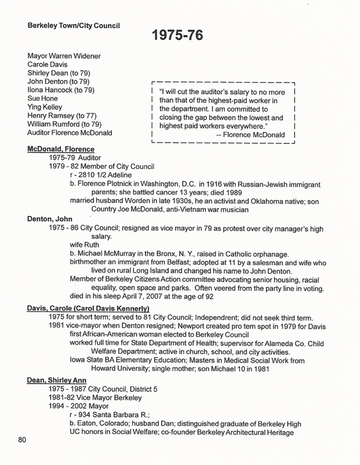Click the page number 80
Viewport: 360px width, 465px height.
point(22,440)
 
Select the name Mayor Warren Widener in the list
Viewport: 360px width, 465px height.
point(64,56)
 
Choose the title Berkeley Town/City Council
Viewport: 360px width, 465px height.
point(76,26)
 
